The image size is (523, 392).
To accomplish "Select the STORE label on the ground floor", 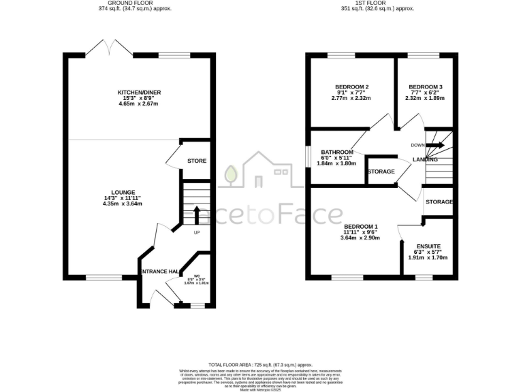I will point(197,161).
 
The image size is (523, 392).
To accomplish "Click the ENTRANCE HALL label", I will point(159,272).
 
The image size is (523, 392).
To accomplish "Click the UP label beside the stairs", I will point(197,233).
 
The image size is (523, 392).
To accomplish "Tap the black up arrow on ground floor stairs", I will point(197,214).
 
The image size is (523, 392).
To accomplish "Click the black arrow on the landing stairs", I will point(436,145).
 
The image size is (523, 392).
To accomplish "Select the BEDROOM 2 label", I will point(351,87).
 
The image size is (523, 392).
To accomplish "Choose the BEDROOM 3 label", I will point(426,87).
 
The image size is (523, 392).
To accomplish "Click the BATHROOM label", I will point(337,152).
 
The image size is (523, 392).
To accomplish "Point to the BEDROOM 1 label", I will point(361,226).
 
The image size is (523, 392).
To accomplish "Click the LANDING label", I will point(425,159).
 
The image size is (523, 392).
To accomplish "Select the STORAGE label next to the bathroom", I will point(381,171).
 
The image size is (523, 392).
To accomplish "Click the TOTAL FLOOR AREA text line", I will point(261,365).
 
